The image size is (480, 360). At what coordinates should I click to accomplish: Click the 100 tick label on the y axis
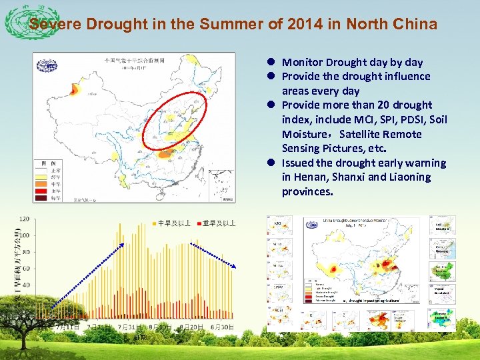coord(24,235)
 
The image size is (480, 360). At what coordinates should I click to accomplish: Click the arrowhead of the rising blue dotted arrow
coord(122,245)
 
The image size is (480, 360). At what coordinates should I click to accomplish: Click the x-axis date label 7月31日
coord(127,327)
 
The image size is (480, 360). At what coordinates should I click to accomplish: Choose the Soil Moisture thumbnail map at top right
coord(444,225)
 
